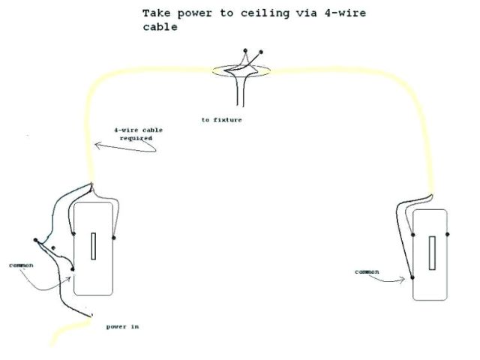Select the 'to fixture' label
[x=221, y=120]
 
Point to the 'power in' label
[x=122, y=327]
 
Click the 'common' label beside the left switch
[x=21, y=265]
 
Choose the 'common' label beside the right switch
[x=367, y=271]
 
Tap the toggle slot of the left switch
[x=93, y=246]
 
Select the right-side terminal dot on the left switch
[x=113, y=238]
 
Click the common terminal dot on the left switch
[x=73, y=268]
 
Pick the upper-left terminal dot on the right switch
[x=413, y=234]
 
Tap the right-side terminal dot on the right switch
[x=448, y=234]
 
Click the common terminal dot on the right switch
[x=413, y=278]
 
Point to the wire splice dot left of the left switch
[x=35, y=241]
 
